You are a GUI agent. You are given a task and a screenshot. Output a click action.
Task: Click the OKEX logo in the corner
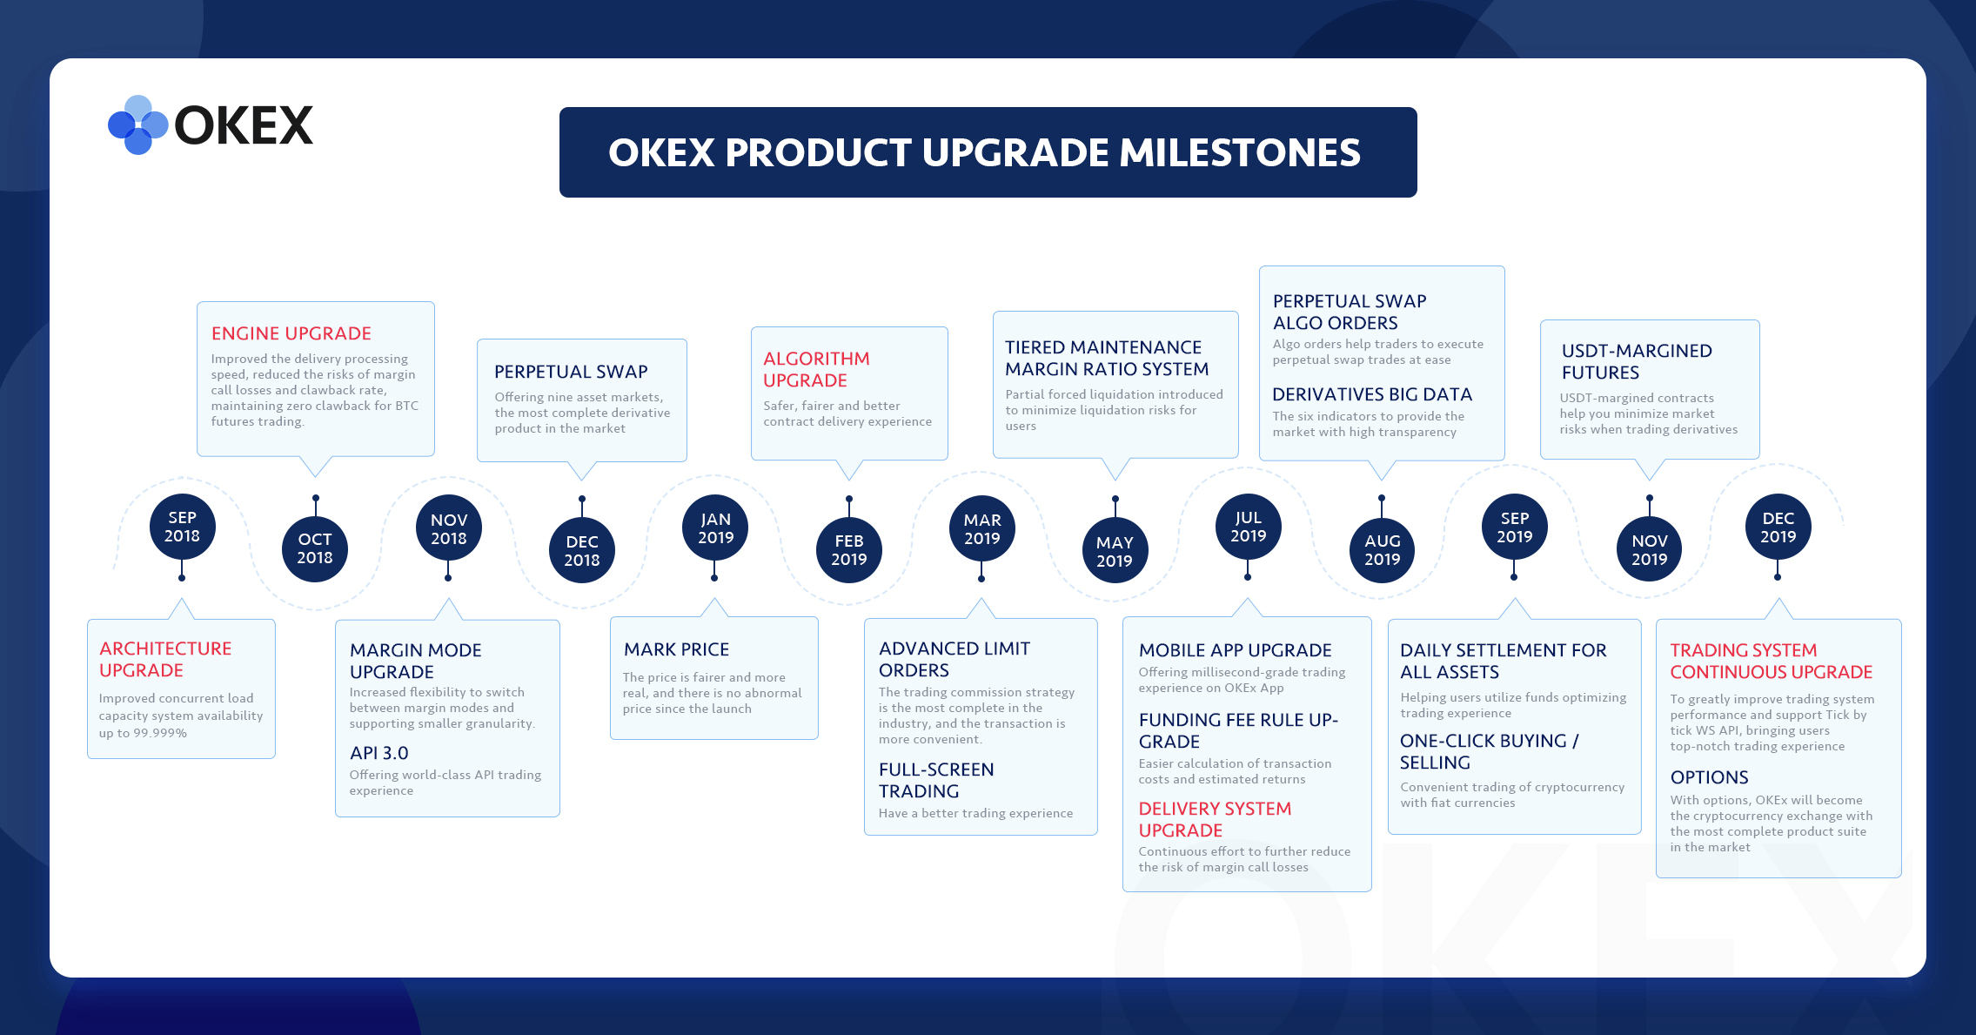[x=211, y=125]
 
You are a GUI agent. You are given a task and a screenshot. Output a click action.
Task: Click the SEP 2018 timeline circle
[x=182, y=527]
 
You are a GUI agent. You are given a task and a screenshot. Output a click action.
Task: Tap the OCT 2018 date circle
[x=315, y=548]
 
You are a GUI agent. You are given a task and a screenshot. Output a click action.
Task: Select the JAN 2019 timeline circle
[x=715, y=528]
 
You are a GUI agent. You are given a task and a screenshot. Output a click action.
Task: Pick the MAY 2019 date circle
[x=1115, y=551]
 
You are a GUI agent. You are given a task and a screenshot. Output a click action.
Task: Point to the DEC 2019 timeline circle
[x=1778, y=527]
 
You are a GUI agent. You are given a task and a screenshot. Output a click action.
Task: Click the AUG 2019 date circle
[x=1382, y=550]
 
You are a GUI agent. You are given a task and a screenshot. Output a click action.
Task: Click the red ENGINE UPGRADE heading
[x=291, y=333]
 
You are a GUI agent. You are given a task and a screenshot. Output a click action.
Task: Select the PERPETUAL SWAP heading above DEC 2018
[x=571, y=372]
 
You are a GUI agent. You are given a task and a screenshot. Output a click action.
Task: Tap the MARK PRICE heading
[x=676, y=649]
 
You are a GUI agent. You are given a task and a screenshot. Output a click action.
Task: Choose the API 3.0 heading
[x=378, y=753]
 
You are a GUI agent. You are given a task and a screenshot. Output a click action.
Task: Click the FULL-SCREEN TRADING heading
[x=936, y=780]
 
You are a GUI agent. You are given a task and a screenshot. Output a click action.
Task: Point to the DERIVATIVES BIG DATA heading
[x=1372, y=394]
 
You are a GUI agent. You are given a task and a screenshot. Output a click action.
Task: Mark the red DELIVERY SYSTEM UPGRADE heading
[x=1215, y=819]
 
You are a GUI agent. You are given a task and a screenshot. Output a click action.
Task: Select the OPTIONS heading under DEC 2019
[x=1709, y=777]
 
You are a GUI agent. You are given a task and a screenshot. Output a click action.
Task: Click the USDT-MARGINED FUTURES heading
[x=1637, y=361]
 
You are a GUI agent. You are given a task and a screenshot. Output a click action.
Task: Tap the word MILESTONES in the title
[x=1240, y=152]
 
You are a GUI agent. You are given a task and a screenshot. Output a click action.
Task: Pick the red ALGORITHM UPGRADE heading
[x=816, y=369]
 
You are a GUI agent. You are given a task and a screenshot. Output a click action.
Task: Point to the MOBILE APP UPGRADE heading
[x=1235, y=650]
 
